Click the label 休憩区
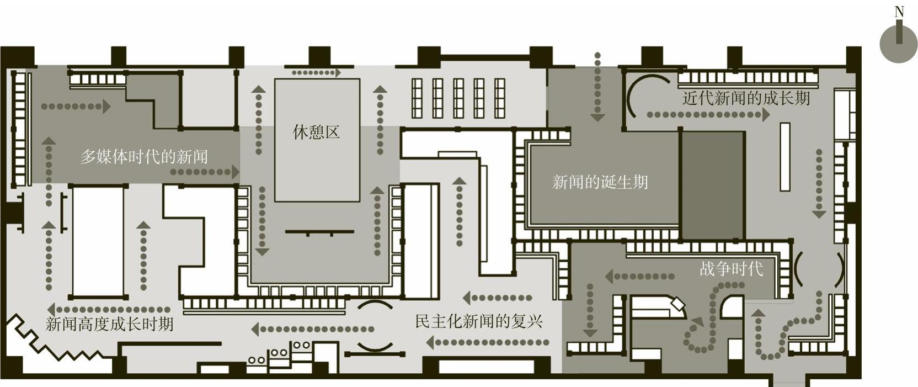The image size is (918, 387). (x=316, y=132)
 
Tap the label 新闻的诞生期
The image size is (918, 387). (x=600, y=182)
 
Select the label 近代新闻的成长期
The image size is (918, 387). (x=746, y=99)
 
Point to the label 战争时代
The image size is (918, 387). (x=731, y=269)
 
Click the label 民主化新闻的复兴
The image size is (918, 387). (x=479, y=321)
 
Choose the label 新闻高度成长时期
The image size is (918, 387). (x=109, y=324)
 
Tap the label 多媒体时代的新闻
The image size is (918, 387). (x=144, y=157)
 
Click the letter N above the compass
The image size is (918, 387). (x=899, y=12)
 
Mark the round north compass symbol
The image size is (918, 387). (x=899, y=44)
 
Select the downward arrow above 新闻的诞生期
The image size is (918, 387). (x=597, y=87)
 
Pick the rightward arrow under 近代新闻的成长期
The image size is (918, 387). (x=708, y=115)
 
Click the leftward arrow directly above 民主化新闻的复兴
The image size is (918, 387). (x=497, y=298)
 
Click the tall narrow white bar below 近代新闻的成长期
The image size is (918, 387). (x=784, y=157)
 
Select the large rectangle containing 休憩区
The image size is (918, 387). (x=317, y=140)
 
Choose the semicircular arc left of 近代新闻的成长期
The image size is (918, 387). (x=634, y=97)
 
